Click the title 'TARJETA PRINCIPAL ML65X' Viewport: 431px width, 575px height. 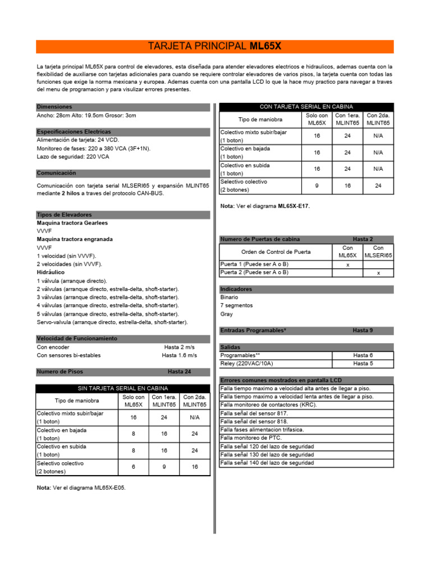click(214, 46)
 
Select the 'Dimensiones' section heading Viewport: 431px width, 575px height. click(54, 107)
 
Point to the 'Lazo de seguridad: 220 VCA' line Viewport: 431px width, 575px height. click(72, 157)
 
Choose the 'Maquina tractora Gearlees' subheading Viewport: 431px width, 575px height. click(72, 223)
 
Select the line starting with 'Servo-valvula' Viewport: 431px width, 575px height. click(112, 322)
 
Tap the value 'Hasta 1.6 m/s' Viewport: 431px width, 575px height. click(180, 355)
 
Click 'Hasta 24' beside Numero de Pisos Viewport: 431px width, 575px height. click(180, 372)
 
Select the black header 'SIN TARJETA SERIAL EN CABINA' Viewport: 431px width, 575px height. click(123, 389)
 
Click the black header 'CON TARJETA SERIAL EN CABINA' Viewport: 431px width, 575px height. click(306, 107)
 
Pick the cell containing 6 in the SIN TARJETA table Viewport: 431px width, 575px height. click(134, 467)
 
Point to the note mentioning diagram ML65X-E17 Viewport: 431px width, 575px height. click(265, 206)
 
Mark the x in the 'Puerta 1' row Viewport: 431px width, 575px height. click(347, 264)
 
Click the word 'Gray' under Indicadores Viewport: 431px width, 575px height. click(227, 314)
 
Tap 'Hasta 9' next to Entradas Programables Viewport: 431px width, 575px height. click(363, 330)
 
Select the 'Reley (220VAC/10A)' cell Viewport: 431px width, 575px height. click(247, 363)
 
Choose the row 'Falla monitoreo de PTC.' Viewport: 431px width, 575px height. click(251, 438)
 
